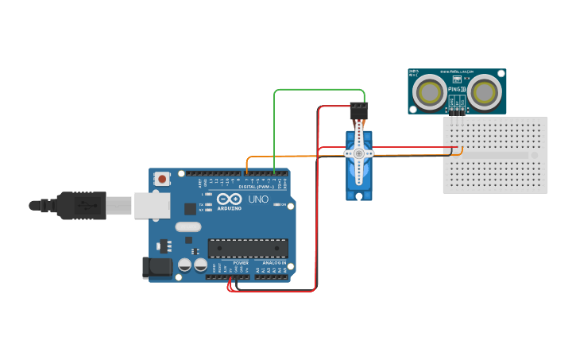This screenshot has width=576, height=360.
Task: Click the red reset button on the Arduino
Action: click(163, 179)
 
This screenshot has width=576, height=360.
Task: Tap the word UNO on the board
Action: click(258, 199)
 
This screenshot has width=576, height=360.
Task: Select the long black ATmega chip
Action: click(248, 248)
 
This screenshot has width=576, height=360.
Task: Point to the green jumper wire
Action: click(318, 90)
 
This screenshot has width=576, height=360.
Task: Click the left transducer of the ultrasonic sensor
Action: click(430, 92)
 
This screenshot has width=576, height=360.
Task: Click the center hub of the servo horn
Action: click(359, 153)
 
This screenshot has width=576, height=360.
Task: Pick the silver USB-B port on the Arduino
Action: click(151, 205)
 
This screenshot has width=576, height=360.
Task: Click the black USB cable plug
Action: click(79, 205)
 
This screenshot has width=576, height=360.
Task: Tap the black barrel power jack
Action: click(157, 267)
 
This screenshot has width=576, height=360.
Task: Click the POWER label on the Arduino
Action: click(240, 262)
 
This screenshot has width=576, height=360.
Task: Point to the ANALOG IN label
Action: click(274, 262)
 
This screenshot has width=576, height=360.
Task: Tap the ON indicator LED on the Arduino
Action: click(277, 205)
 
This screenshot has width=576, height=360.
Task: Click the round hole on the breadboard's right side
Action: click(534, 155)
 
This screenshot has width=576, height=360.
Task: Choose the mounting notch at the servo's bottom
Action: click(359, 195)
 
